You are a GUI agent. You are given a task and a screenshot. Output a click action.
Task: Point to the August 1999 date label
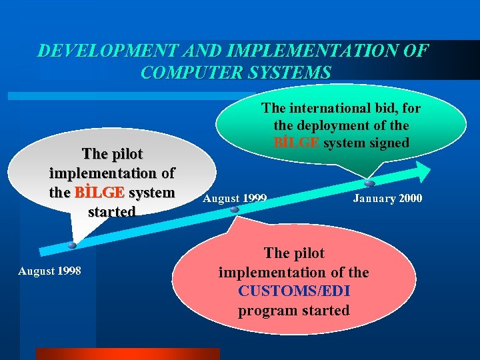coord(235,198)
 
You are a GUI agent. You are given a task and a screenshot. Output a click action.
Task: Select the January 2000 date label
coord(387,198)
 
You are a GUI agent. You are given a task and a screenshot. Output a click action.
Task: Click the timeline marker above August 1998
coord(72,245)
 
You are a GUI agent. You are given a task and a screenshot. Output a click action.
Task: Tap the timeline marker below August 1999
coord(235,209)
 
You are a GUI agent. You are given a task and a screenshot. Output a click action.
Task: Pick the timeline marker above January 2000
coord(369,183)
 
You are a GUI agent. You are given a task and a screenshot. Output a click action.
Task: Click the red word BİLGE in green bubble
coord(298,142)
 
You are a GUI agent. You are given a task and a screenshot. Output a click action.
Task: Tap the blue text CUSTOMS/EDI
coord(293,291)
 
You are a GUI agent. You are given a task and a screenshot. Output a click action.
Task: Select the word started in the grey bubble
coord(111,211)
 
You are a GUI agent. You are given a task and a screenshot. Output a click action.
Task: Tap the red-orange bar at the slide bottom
coord(127,353)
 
